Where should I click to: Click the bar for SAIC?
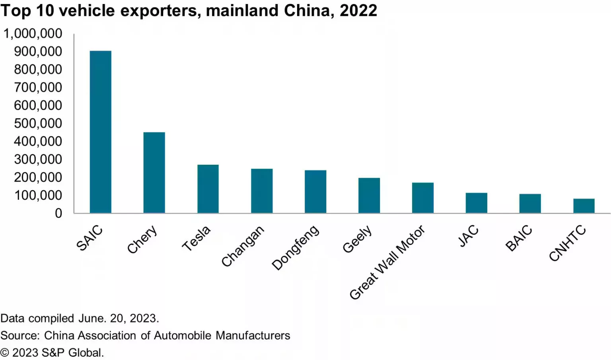click(100, 132)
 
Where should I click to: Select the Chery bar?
click(154, 172)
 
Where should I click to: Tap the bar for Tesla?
click(208, 189)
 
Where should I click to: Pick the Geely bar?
click(369, 195)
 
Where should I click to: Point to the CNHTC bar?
click(584, 206)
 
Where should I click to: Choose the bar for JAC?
click(476, 203)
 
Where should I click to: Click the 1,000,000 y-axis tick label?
click(33, 33)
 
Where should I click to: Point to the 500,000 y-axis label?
click(38, 123)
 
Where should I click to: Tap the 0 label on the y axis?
click(58, 213)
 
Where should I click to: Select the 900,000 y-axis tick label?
click(38, 51)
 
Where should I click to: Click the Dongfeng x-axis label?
click(296, 247)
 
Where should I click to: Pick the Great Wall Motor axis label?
click(387, 263)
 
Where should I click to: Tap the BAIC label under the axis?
click(519, 238)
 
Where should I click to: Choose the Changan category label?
click(243, 246)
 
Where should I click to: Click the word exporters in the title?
click(158, 11)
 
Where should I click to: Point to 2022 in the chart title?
click(358, 11)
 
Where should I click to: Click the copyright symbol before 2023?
click(4, 353)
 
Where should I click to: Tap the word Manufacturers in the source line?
click(253, 335)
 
